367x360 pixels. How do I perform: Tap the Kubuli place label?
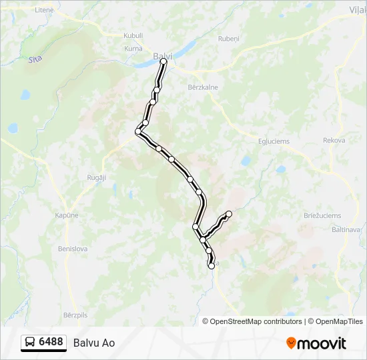point(133,36)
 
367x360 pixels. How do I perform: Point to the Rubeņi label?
point(228,39)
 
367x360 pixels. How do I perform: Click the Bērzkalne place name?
point(203,87)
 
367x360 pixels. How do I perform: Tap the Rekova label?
point(334,140)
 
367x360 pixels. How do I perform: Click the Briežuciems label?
point(322,215)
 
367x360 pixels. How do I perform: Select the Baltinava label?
point(346,229)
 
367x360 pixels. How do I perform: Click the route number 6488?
point(51,342)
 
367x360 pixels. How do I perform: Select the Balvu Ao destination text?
point(94,343)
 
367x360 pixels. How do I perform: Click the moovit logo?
point(316,343)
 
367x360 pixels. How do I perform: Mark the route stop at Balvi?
point(163,61)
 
